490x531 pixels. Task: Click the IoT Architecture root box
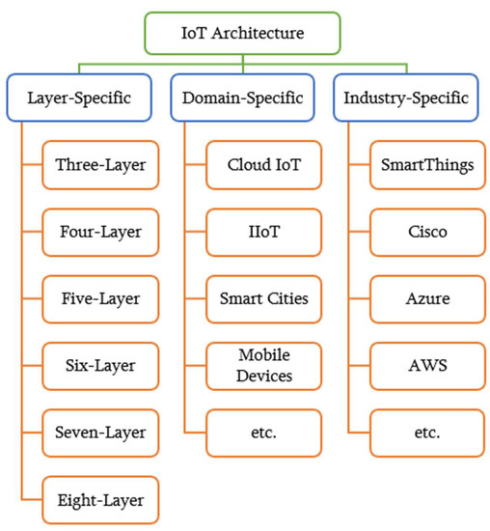(x=243, y=32)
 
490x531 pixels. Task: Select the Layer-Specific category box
(x=82, y=98)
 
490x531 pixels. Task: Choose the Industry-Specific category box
(x=405, y=98)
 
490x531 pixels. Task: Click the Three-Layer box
(x=101, y=164)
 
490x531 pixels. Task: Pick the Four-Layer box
(x=101, y=231)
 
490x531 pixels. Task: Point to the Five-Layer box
(x=101, y=297)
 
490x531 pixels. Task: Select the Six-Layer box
(x=101, y=365)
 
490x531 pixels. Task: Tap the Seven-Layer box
(x=101, y=432)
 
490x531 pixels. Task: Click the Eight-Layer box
(x=101, y=499)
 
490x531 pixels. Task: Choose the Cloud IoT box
(x=263, y=164)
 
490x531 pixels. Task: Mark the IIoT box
(x=263, y=231)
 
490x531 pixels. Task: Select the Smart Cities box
(x=263, y=297)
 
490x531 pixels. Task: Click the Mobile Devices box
(x=263, y=365)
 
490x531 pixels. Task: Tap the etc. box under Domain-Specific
(x=263, y=432)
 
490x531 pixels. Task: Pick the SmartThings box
(x=426, y=164)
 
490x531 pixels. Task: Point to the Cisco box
(x=426, y=231)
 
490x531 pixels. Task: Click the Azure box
(x=426, y=297)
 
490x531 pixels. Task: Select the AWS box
(x=426, y=365)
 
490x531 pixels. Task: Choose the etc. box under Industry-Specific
(x=426, y=432)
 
